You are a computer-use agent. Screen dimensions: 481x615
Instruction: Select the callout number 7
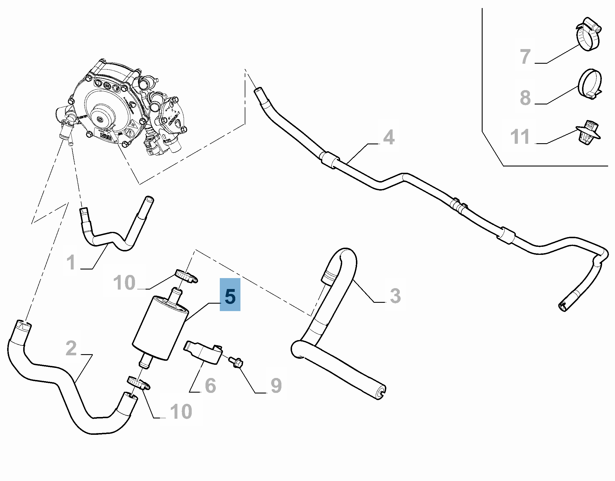point(525,57)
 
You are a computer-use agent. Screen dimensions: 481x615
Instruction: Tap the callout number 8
point(525,98)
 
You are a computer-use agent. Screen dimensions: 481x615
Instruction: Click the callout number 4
point(389,137)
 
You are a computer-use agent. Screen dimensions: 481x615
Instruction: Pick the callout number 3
point(395,296)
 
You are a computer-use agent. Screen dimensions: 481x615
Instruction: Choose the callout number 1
point(71,262)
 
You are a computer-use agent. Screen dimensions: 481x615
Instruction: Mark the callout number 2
point(71,348)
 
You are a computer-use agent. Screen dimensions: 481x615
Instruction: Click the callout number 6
point(210,385)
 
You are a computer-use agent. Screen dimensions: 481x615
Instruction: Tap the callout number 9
point(276,385)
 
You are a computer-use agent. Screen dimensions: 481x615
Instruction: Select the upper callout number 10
point(124,283)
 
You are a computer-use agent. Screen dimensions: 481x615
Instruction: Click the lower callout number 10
point(181,411)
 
